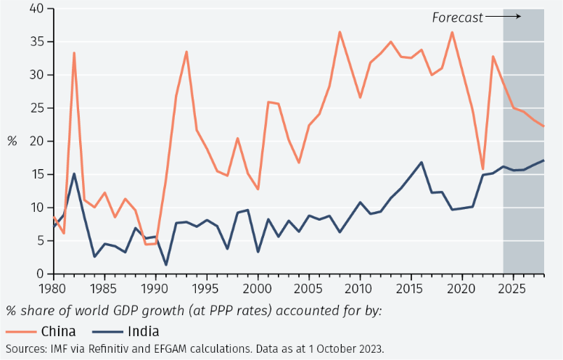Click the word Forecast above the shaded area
point(457,17)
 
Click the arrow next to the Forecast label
point(503,16)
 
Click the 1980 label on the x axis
point(52,287)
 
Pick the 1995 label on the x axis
point(207,287)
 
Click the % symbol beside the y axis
point(12,142)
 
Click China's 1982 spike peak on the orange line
point(74,52)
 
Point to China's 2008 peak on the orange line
point(340,32)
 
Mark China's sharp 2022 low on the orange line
point(482,168)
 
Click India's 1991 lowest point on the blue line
point(166,264)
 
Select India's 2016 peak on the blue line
point(422,162)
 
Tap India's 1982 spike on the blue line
point(74,173)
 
